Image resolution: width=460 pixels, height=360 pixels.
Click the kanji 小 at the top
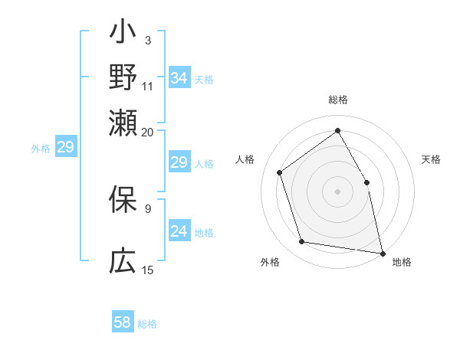tap(123, 34)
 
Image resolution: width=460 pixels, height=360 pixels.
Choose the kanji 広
tap(123, 262)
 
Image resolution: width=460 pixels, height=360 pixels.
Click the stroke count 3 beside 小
tap(147, 40)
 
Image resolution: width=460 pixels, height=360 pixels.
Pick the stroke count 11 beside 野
tap(148, 85)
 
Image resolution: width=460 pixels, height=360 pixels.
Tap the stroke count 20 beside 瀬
tap(148, 132)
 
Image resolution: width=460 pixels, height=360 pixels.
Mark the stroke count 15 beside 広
tap(148, 270)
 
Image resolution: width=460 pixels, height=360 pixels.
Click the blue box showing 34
tap(179, 78)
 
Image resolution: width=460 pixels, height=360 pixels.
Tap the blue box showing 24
tap(179, 232)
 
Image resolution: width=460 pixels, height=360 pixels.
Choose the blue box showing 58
tap(123, 322)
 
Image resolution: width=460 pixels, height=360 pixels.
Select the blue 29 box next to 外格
tap(66, 148)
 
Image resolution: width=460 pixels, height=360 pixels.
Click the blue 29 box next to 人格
tap(179, 162)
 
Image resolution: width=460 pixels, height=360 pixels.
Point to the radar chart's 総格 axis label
tap(337, 100)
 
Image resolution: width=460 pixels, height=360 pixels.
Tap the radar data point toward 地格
tap(382, 252)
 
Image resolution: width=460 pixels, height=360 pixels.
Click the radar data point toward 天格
tap(366, 182)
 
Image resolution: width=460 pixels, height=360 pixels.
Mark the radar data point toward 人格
tap(280, 172)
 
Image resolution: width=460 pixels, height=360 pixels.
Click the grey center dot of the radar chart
tap(337, 191)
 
